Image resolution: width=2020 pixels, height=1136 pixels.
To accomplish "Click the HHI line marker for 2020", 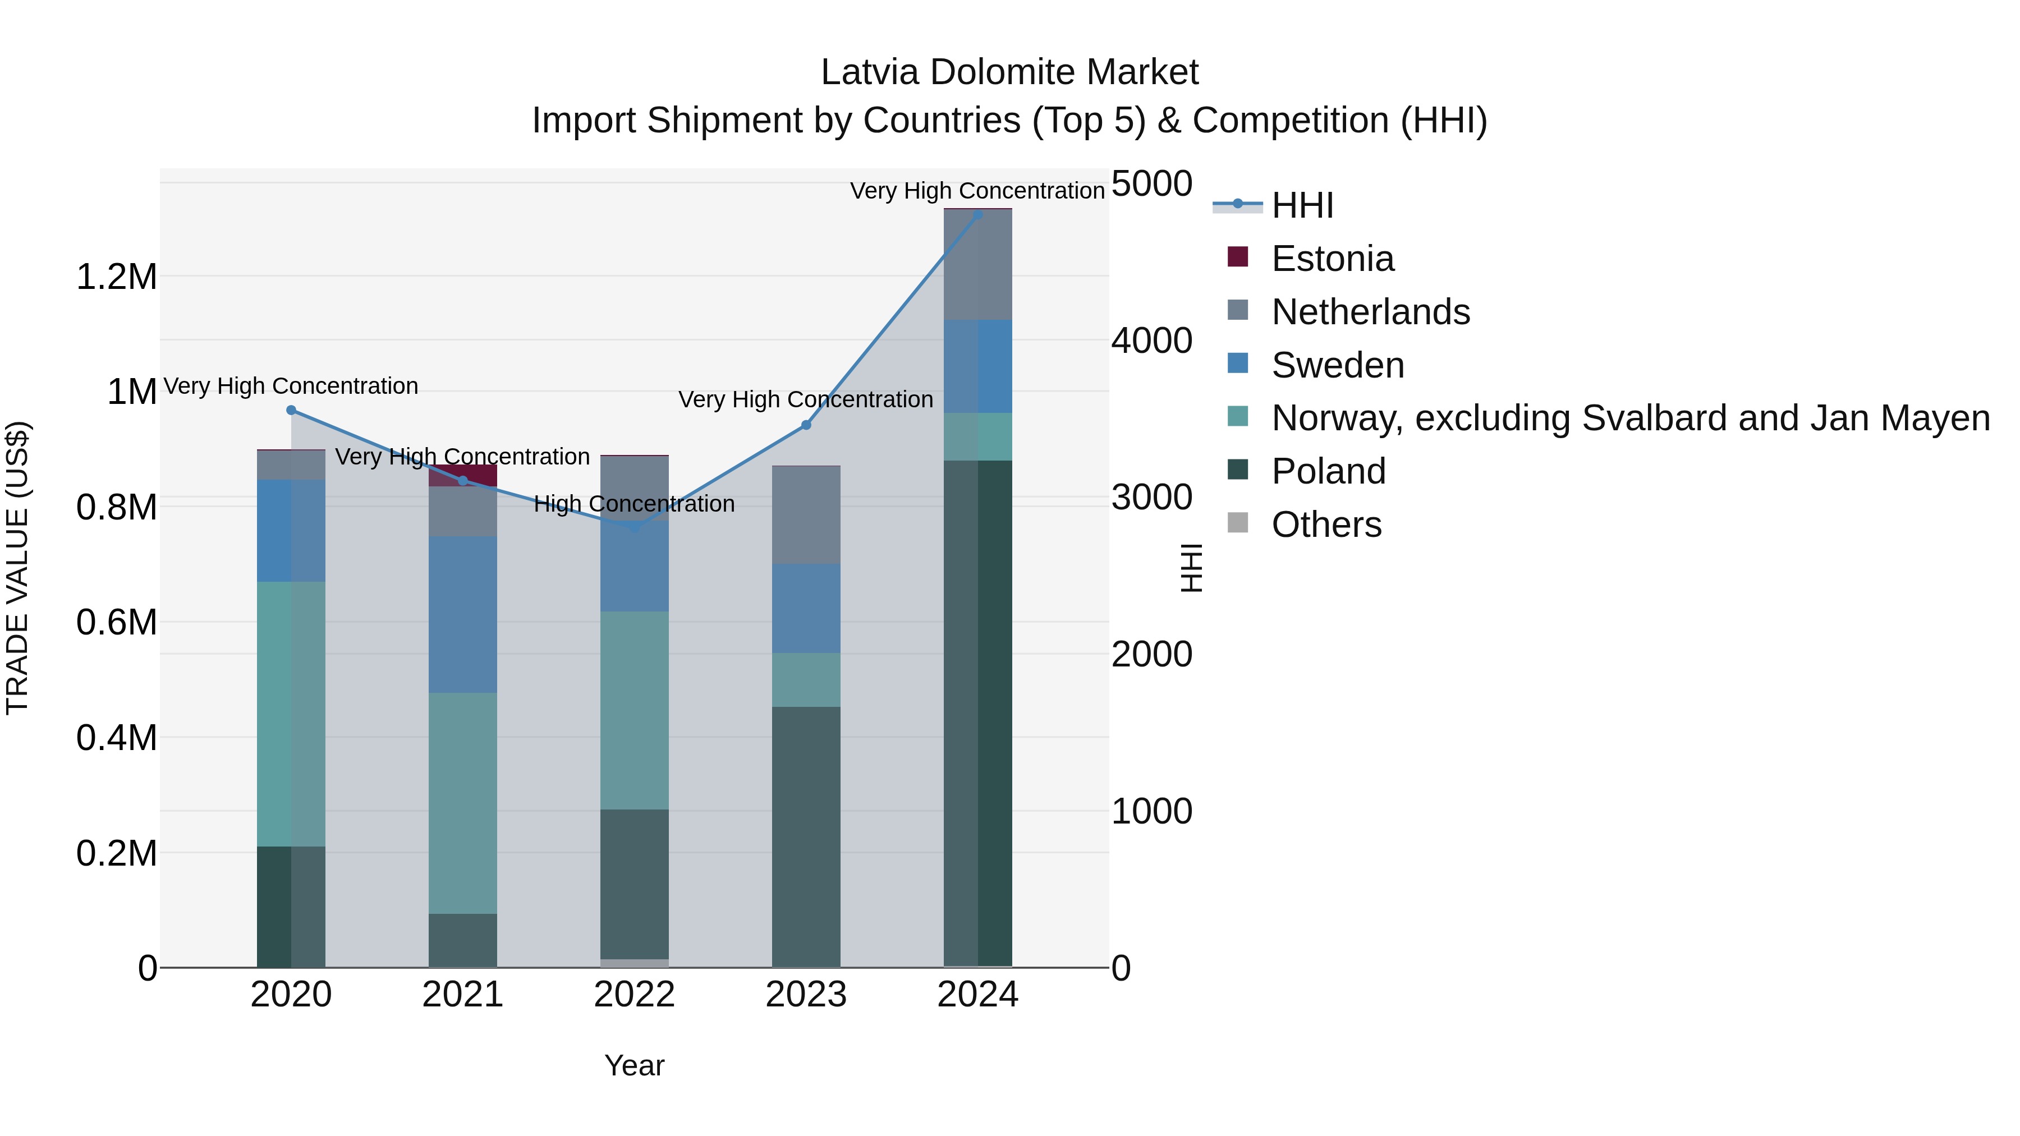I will coord(291,410).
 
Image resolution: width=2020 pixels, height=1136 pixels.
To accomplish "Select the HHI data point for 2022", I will coord(635,528).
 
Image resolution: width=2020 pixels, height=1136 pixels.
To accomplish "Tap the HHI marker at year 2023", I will coord(806,425).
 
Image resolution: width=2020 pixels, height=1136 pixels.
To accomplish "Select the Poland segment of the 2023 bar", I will coord(806,836).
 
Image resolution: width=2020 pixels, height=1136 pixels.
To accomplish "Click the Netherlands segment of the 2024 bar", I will coord(978,265).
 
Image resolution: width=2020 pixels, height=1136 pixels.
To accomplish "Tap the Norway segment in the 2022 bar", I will coord(635,710).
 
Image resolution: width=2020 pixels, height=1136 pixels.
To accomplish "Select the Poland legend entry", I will coord(1328,471).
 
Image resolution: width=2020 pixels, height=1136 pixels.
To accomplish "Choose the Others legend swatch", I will coord(1237,523).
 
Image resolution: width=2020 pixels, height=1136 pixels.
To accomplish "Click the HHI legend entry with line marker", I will coord(1302,205).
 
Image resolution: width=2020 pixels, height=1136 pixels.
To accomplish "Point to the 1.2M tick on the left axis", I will coord(116,277).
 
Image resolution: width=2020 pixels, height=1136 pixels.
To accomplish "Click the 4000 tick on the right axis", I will coord(1151,341).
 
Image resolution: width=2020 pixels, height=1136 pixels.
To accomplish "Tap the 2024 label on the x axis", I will coord(978,995).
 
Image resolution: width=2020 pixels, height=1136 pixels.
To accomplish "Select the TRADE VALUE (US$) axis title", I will coord(17,568).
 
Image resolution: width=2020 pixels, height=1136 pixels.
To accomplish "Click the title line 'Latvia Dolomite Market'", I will coord(1009,73).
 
